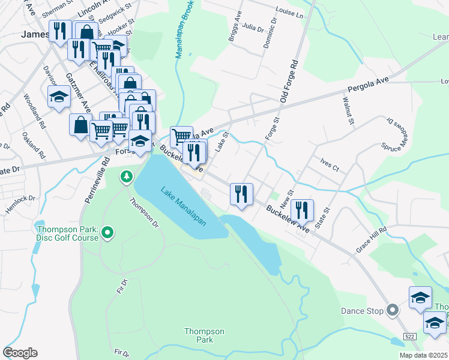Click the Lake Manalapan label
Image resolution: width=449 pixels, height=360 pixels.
coord(183,206)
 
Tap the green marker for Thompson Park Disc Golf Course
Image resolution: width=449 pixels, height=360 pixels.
coord(107,232)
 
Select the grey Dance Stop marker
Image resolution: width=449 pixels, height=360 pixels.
coord(393,310)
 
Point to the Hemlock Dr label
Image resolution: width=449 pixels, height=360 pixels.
coord(23,198)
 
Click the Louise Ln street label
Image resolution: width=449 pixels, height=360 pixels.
coord(290,11)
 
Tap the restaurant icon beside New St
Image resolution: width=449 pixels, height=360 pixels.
coord(303,209)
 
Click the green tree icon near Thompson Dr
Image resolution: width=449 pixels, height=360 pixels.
coord(126,176)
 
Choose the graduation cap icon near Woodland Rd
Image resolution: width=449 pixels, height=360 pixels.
coord(59,97)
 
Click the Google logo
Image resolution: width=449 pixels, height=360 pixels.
coord(20,353)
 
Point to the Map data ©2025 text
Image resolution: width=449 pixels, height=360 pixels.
coord(424,355)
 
